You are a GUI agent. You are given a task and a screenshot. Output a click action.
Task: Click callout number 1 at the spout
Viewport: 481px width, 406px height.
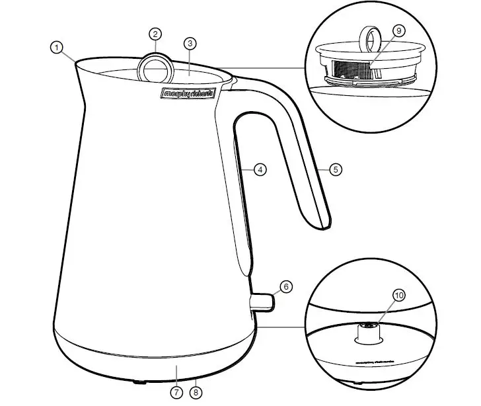(x=57, y=47)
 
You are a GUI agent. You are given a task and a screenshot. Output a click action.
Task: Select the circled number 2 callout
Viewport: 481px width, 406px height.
(x=155, y=34)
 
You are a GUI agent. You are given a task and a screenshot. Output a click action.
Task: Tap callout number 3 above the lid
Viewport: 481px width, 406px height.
(x=190, y=44)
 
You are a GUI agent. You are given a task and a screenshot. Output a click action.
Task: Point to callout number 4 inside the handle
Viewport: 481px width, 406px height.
(x=260, y=170)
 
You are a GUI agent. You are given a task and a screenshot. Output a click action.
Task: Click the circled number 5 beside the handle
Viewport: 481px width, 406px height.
(x=336, y=170)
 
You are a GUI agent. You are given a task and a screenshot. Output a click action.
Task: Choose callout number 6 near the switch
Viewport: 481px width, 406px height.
(x=285, y=287)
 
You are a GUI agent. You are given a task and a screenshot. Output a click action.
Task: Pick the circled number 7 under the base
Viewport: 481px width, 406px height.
(x=176, y=392)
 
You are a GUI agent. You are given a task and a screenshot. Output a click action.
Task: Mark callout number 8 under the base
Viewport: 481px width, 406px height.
(x=196, y=392)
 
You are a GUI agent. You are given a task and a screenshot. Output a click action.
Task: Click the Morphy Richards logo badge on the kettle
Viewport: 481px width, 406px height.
(x=188, y=94)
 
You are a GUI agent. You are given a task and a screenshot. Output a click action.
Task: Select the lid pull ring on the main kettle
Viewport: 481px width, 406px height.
(x=155, y=67)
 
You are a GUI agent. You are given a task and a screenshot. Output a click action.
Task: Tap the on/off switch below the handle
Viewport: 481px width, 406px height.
(x=262, y=302)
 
